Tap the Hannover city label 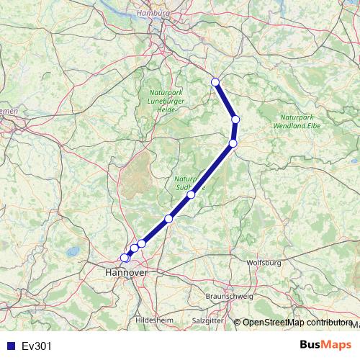coord(126,273)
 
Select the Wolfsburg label coord(263,264)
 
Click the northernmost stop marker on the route coord(215,82)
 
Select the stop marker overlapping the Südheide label coord(191,194)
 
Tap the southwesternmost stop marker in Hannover coord(124,258)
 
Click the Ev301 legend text coord(37,346)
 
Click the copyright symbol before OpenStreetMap coord(237,323)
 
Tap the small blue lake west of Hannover coord(72,252)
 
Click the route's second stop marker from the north coord(235,120)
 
